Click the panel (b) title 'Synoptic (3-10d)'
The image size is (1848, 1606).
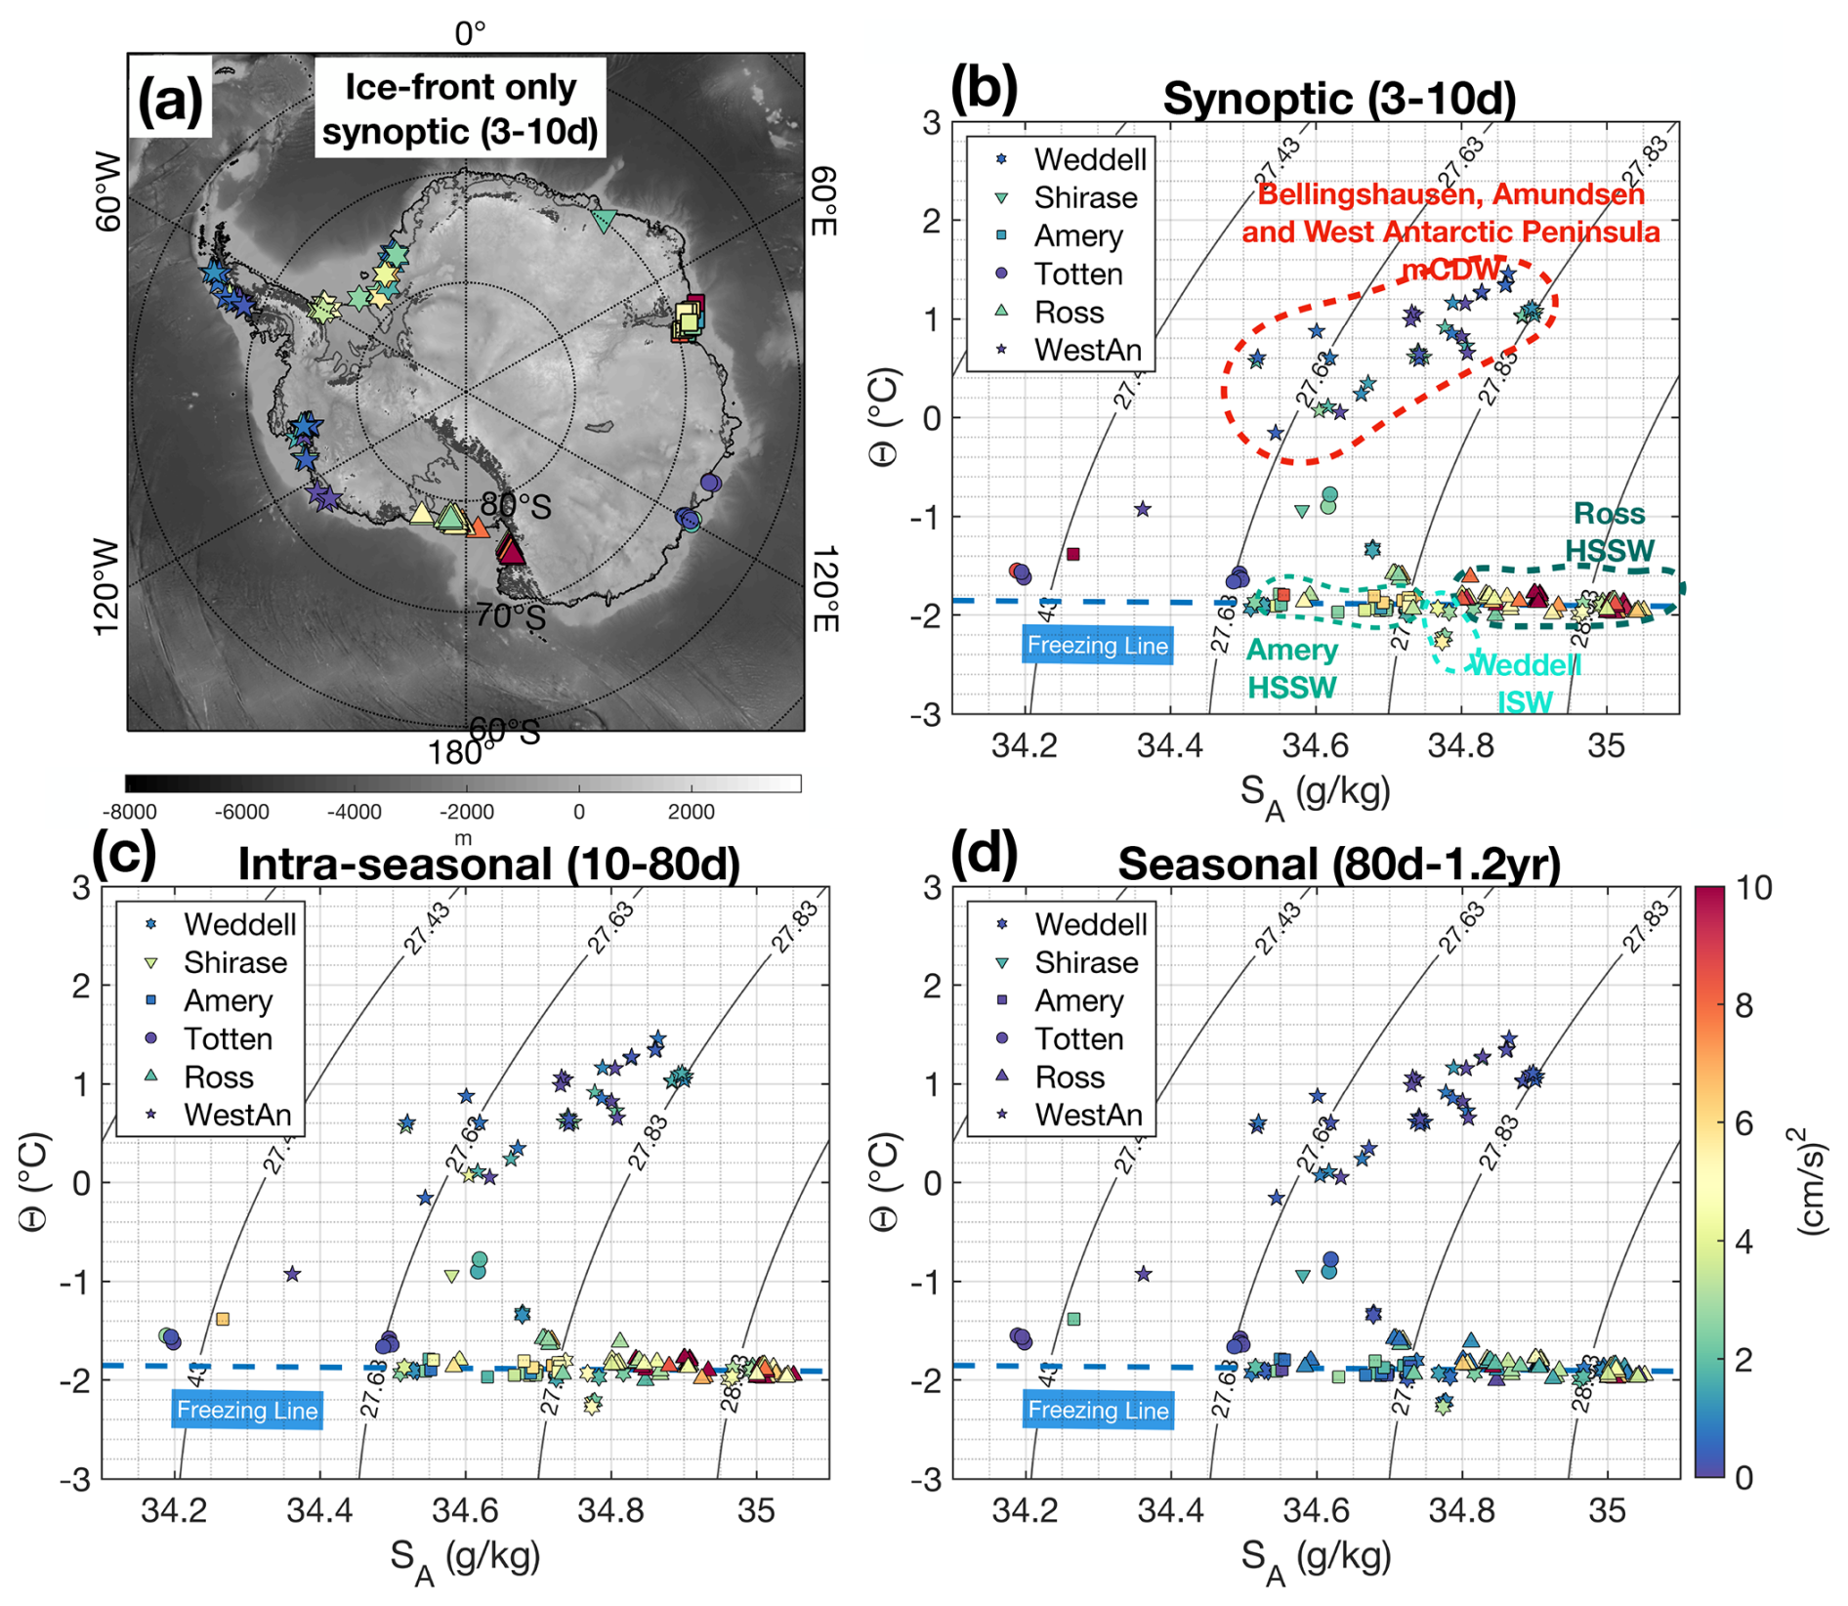pyautogui.click(x=1338, y=99)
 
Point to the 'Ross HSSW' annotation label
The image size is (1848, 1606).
pyautogui.click(x=1609, y=532)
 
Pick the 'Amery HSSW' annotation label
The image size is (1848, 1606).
pyautogui.click(x=1291, y=668)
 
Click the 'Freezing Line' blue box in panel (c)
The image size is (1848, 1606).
pyautogui.click(x=247, y=1410)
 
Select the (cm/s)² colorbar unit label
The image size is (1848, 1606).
pyautogui.click(x=1813, y=1181)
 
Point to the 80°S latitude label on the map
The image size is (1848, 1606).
pyautogui.click(x=515, y=506)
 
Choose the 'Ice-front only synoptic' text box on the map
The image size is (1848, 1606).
pyautogui.click(x=460, y=107)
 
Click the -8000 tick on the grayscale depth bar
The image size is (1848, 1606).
pyautogui.click(x=129, y=812)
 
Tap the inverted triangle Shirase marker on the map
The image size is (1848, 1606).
pyautogui.click(x=604, y=222)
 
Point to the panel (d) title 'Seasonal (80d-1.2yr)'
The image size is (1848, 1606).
pyautogui.click(x=1338, y=865)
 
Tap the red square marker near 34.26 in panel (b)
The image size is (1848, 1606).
pyautogui.click(x=1072, y=554)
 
